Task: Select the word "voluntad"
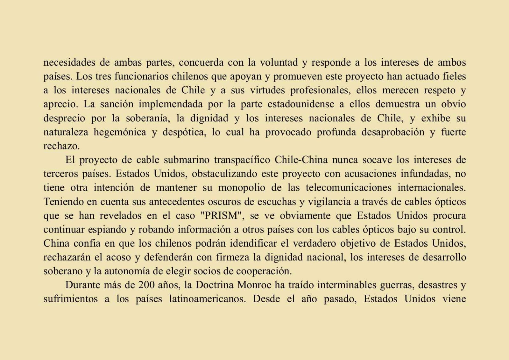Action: point(279,62)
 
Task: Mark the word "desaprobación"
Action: point(393,132)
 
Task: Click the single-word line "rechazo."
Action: point(61,146)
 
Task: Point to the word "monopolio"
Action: point(242,188)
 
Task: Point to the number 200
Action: point(146,285)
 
